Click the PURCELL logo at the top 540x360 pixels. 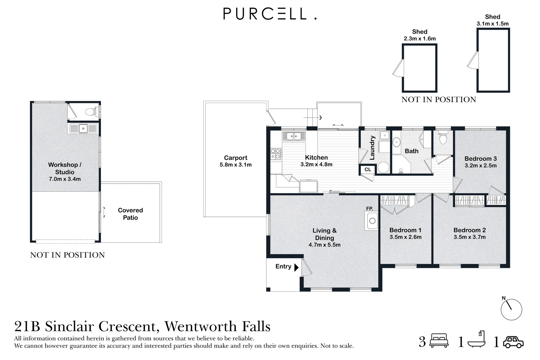[270, 14]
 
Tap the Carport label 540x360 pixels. [236, 158]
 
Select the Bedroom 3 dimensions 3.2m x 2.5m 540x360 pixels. [480, 166]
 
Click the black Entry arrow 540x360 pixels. [296, 267]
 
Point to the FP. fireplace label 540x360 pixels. [369, 209]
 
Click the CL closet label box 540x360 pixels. [368, 170]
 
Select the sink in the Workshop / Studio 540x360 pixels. [83, 128]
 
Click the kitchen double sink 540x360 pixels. [293, 136]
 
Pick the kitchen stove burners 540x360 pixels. [275, 154]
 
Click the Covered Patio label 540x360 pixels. [130, 214]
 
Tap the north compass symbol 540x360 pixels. [511, 309]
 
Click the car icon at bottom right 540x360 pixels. [513, 342]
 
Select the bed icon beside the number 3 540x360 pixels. [439, 341]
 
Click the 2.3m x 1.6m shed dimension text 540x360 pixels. [419, 39]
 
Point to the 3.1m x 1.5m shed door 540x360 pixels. [473, 60]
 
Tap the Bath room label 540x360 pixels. [411, 151]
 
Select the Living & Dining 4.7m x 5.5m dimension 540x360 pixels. [324, 245]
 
